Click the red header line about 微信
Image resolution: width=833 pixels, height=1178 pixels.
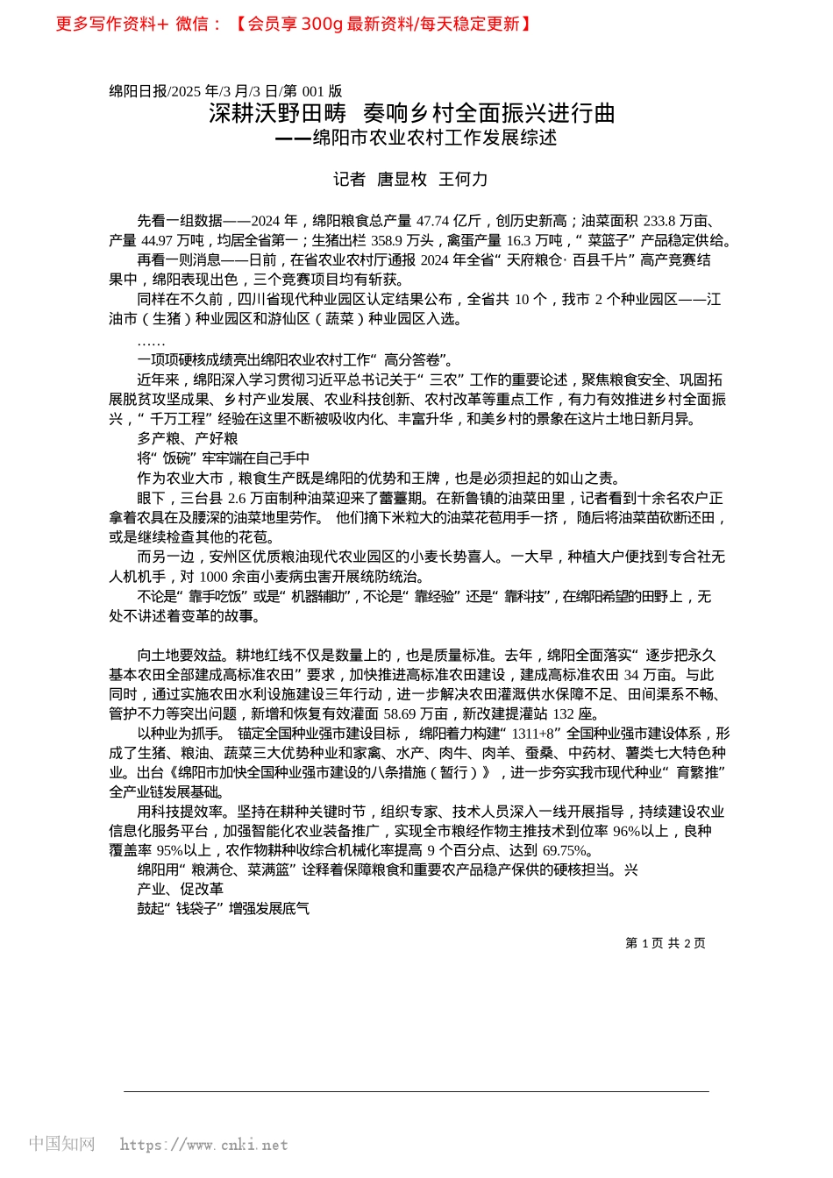click(x=294, y=24)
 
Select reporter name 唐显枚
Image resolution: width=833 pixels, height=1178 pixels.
click(x=402, y=179)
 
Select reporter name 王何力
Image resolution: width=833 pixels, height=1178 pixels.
click(x=463, y=179)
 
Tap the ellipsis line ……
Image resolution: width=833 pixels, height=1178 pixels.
click(x=151, y=341)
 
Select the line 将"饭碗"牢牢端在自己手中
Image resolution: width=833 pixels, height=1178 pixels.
click(x=223, y=458)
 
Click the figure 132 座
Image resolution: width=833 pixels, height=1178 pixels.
click(x=576, y=713)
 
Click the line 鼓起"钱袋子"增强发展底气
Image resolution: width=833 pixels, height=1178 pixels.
click(x=223, y=908)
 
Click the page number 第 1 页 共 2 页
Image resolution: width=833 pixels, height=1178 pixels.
click(x=665, y=943)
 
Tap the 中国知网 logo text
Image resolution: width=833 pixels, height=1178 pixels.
click(x=61, y=1144)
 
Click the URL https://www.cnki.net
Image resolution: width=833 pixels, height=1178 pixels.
click(x=203, y=1145)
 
